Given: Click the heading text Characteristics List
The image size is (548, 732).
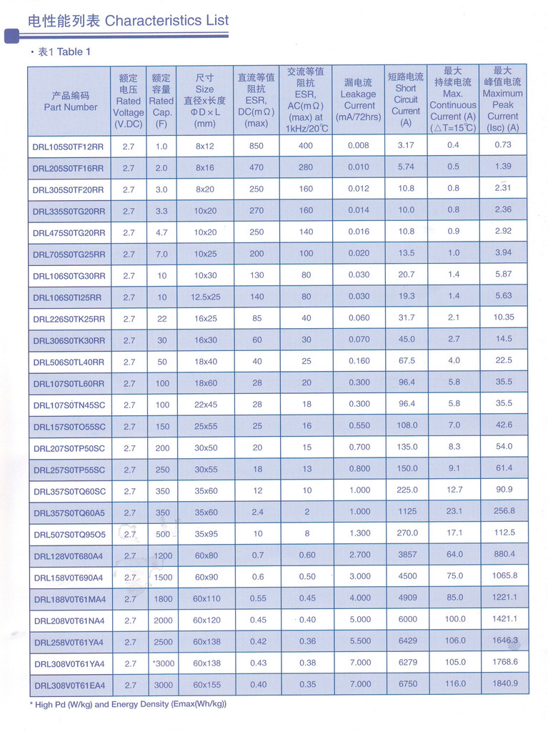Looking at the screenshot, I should click(166, 20).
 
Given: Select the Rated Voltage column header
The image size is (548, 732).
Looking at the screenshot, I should click(129, 101).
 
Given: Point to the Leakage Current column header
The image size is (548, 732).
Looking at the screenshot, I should click(358, 100).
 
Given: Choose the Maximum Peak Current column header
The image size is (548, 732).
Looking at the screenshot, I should click(502, 99).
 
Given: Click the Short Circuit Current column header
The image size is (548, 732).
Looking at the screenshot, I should click(406, 100).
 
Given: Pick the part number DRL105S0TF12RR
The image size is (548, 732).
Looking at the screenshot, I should click(69, 147).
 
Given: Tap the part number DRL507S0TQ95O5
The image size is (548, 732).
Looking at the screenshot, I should click(69, 534).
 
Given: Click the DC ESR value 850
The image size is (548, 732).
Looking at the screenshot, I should click(257, 146).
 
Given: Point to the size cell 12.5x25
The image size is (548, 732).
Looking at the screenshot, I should click(205, 297).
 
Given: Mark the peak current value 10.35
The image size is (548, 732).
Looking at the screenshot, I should click(503, 317).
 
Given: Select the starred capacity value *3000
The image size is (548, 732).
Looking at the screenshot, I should click(162, 663).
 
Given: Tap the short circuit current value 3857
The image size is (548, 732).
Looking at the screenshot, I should click(407, 555).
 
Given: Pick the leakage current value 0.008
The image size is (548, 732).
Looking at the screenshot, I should click(359, 146).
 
